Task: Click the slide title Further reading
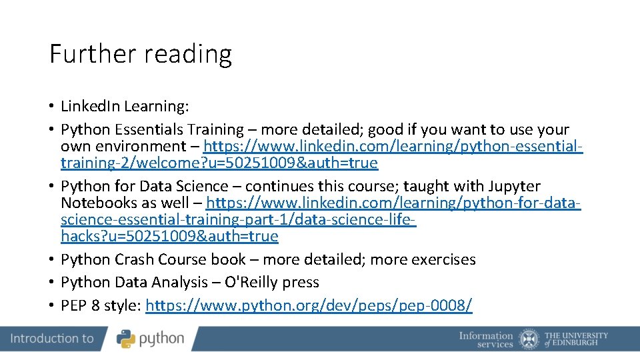pos(141,54)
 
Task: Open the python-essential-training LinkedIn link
pos(393,146)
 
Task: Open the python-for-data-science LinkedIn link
pos(393,203)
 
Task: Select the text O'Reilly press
pos(271,283)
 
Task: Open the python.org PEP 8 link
pos(309,306)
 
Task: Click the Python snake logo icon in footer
pos(126,339)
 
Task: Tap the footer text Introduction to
pos(52,339)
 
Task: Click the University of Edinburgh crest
pos(529,339)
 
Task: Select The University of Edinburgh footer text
pos(576,339)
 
